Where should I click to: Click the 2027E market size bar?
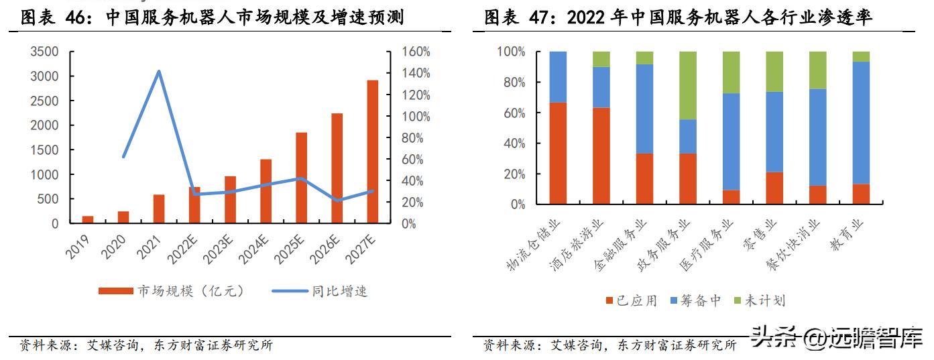coord(372,152)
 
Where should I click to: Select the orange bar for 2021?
coord(159,208)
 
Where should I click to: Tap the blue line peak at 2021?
coord(159,71)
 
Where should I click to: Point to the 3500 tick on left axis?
coord(46,52)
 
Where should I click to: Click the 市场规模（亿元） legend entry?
coord(172,291)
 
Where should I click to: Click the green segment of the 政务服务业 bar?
coord(687,85)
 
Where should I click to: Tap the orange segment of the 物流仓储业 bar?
coord(558,153)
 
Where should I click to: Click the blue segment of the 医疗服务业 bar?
coord(731,141)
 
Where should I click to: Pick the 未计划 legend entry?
coord(758,301)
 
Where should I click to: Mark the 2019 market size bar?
coord(88,219)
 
